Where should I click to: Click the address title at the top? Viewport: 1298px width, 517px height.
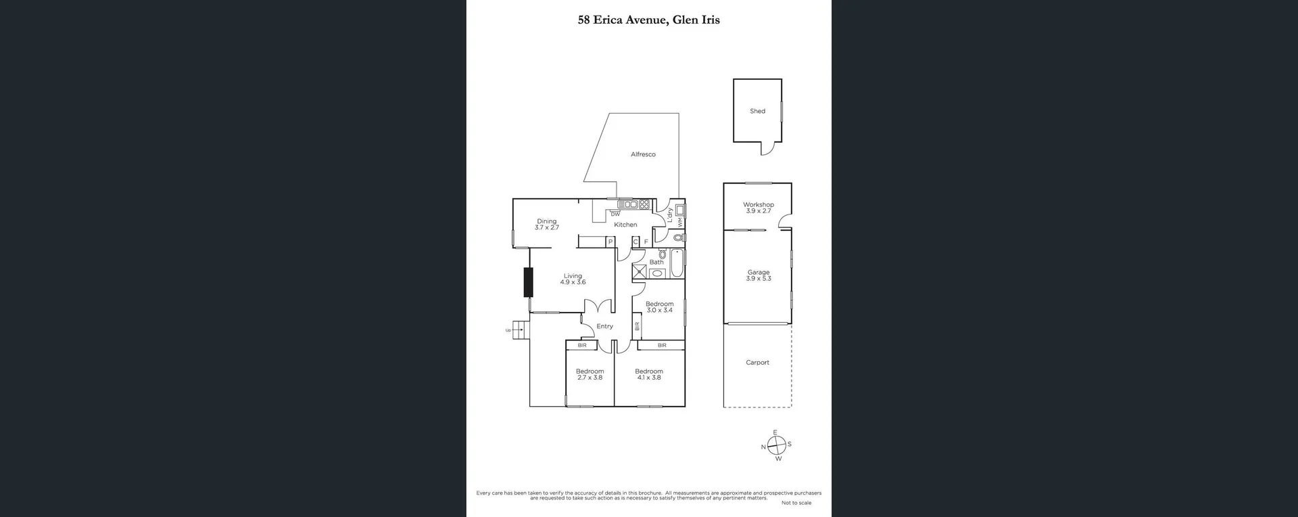(x=648, y=20)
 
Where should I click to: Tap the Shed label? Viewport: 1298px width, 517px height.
(x=757, y=111)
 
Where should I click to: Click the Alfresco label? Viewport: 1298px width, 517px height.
(x=643, y=154)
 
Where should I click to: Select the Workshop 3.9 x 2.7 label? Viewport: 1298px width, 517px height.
(x=758, y=208)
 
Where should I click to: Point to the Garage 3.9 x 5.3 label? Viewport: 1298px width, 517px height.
(x=758, y=275)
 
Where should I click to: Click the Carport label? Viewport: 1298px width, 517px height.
(x=757, y=363)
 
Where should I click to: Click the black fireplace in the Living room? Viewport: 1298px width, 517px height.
(x=528, y=282)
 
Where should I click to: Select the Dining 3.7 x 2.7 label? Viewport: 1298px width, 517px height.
(x=546, y=225)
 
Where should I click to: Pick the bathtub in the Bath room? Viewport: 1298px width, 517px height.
(x=677, y=264)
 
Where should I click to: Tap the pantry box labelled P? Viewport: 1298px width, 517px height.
(x=610, y=242)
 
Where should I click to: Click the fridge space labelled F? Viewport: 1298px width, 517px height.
(x=646, y=242)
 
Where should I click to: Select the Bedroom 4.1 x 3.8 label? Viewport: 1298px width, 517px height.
(x=648, y=374)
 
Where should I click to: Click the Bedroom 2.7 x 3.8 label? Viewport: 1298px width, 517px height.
(x=590, y=374)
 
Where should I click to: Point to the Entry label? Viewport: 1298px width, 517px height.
(x=604, y=326)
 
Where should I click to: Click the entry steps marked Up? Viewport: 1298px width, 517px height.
(x=519, y=330)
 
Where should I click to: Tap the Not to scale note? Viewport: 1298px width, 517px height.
(x=796, y=503)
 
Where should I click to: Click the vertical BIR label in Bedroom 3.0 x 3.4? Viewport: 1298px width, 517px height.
(x=637, y=326)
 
